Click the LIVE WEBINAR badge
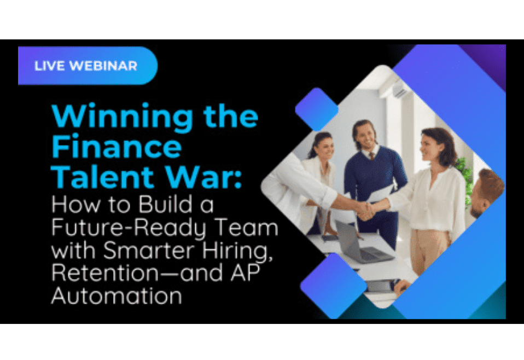coord(86,66)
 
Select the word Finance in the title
coord(117,146)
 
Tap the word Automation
coord(115,296)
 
